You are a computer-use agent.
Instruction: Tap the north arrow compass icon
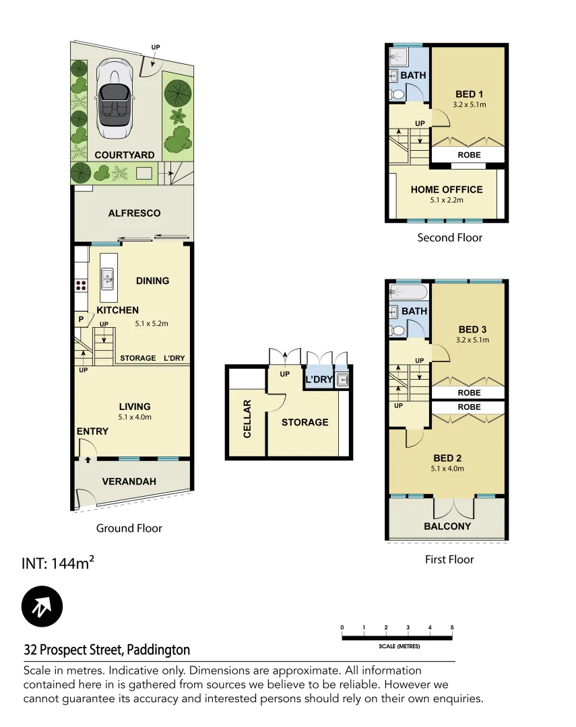point(42,607)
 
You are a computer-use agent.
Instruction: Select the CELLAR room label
point(247,419)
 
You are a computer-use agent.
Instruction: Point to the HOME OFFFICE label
point(447,190)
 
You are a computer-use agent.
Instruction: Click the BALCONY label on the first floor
point(447,526)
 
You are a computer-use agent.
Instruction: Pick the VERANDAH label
point(129,481)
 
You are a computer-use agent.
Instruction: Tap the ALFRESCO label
point(135,213)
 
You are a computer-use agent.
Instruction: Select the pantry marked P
point(81,319)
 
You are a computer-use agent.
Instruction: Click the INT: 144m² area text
point(57,563)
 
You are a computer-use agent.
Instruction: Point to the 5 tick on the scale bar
point(452,627)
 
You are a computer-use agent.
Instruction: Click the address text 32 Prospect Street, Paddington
point(107,650)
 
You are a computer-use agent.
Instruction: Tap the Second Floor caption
point(449,237)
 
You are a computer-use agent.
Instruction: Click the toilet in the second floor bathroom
point(397,95)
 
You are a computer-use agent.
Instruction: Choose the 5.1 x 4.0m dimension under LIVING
point(135,417)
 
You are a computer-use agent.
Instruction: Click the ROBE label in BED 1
point(469,155)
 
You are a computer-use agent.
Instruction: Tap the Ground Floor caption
point(129,528)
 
